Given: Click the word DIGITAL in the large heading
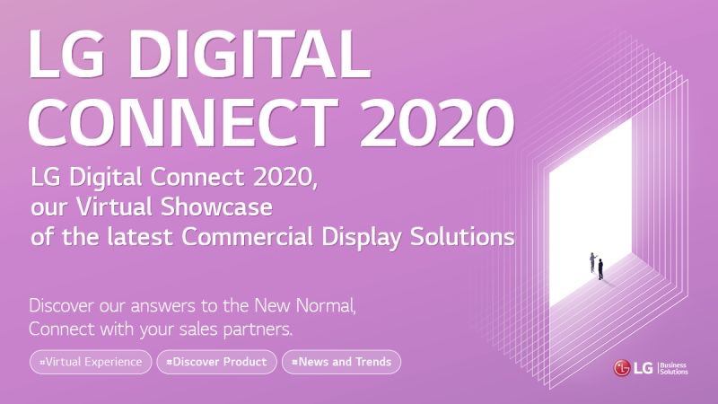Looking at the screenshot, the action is point(250,54).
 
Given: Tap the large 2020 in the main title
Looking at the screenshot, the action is point(437,123).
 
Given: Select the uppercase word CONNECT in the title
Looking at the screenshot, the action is point(183,123).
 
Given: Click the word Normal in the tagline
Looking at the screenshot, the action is point(326,305).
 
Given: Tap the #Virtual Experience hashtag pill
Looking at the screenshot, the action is point(91,362).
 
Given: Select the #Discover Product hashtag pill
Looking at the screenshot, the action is point(216,362).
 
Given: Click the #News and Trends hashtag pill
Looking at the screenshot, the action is point(342,362).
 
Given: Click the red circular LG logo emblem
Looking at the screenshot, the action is point(621,368).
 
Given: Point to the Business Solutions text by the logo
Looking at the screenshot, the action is point(674,368).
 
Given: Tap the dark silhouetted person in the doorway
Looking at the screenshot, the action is point(600,268).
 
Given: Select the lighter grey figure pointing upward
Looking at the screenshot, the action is point(593,262).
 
